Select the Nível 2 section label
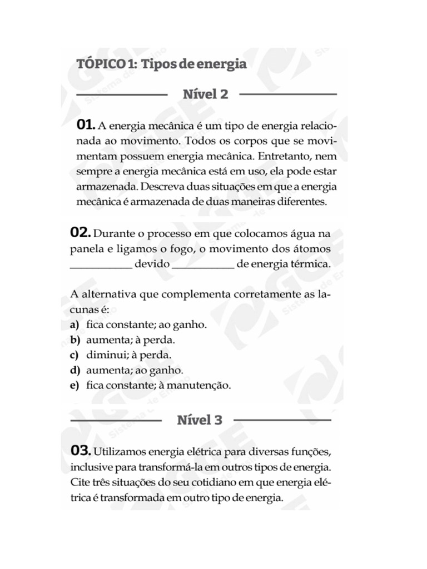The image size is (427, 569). (205, 94)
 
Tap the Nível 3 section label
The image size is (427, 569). (200, 420)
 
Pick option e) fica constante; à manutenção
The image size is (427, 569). (150, 385)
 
